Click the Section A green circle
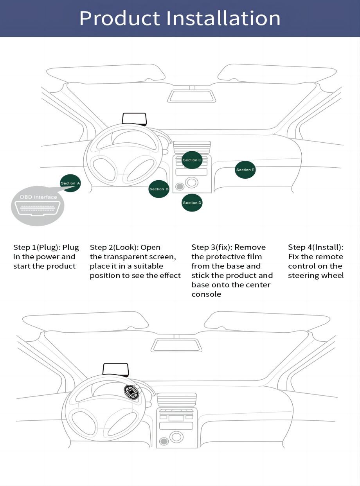tap(70, 183)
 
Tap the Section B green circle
tap(159, 189)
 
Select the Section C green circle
tap(192, 160)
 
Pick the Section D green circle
tap(192, 203)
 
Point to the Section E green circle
tap(245, 170)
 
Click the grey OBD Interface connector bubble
tap(38, 206)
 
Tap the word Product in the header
tap(119, 18)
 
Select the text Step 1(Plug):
tap(37, 247)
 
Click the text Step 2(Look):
tap(114, 247)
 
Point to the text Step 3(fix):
tap(211, 247)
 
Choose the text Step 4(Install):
tap(315, 247)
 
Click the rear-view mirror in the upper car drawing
tap(191, 96)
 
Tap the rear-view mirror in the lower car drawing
tap(176, 345)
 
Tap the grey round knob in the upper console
tap(180, 187)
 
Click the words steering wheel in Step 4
tap(316, 275)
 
